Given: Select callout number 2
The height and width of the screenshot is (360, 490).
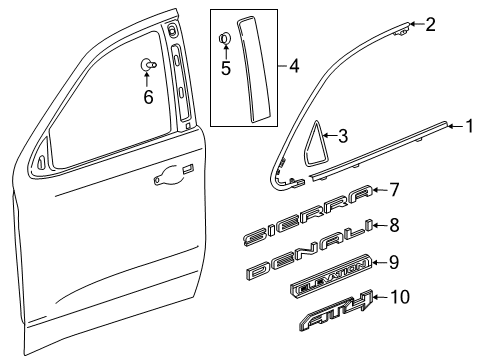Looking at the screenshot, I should click(x=430, y=24).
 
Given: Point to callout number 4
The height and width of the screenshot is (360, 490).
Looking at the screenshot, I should click(x=294, y=68).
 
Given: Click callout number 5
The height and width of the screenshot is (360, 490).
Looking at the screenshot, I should click(x=226, y=70).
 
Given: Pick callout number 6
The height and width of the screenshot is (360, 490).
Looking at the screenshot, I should click(x=147, y=97).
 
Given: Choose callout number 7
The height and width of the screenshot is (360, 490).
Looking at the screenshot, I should click(x=394, y=188).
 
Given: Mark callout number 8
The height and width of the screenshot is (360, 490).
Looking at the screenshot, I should click(x=394, y=226).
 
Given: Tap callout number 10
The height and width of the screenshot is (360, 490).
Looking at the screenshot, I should click(x=400, y=297).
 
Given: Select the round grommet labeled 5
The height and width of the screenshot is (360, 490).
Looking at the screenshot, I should click(x=225, y=41).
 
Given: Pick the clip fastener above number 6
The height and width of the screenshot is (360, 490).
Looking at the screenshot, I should click(x=147, y=66).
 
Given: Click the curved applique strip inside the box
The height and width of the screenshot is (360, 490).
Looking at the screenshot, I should click(x=251, y=65).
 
